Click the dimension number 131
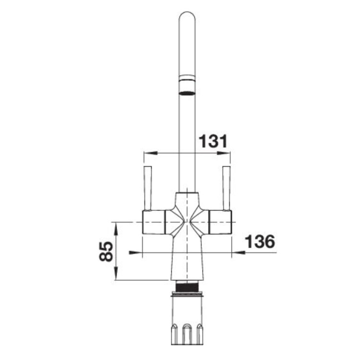click(213, 141)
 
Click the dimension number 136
click(260, 241)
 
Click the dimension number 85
click(106, 252)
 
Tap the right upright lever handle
click(227, 188)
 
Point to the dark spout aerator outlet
click(187, 94)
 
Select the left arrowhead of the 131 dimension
click(150, 153)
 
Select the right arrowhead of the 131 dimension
click(224, 153)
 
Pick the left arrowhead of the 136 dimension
click(136, 252)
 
